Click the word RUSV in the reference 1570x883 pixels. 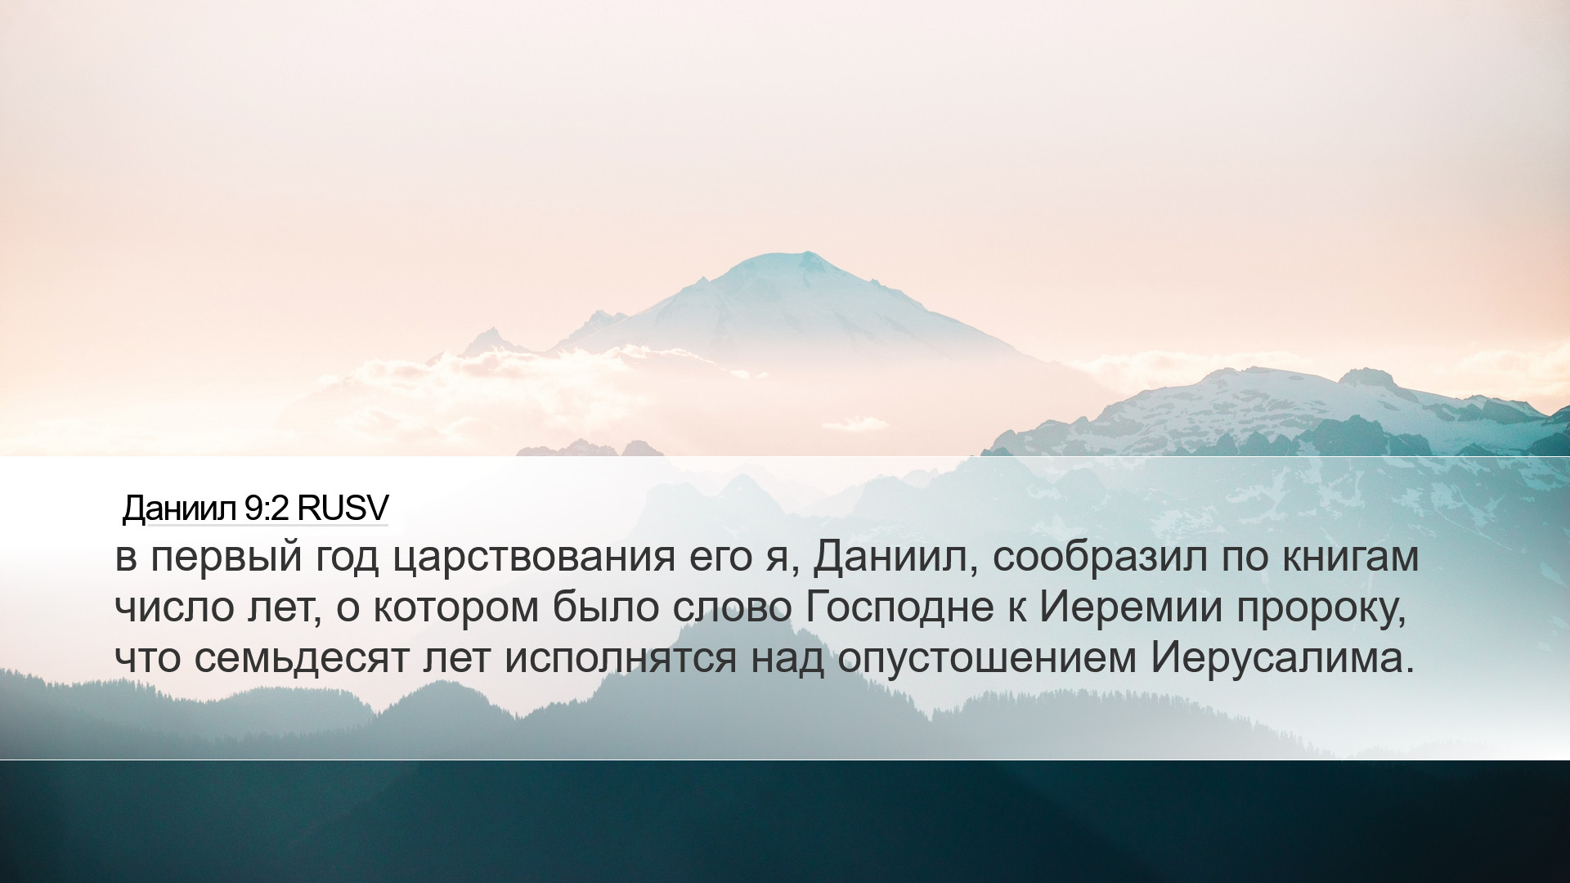(x=343, y=509)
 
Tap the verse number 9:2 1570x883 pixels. (x=267, y=509)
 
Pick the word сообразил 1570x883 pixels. (x=1100, y=557)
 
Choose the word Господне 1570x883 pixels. (x=899, y=607)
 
